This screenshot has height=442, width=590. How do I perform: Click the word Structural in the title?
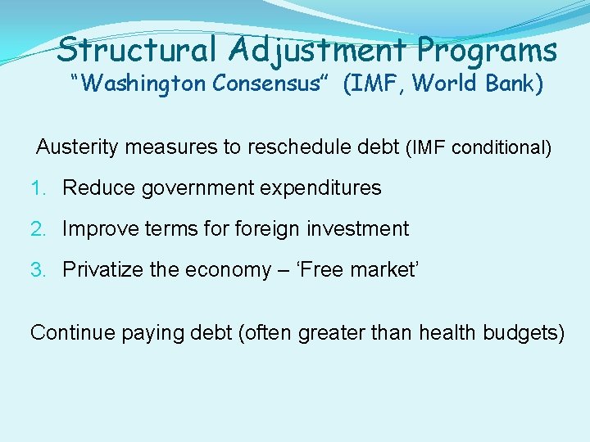[x=138, y=49]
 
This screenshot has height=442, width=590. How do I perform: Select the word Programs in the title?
[x=487, y=49]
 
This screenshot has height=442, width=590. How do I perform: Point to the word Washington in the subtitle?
[x=136, y=84]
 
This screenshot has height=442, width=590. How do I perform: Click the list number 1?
[x=36, y=188]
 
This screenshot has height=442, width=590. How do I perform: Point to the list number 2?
[x=36, y=229]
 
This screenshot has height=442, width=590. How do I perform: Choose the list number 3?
[x=36, y=270]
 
